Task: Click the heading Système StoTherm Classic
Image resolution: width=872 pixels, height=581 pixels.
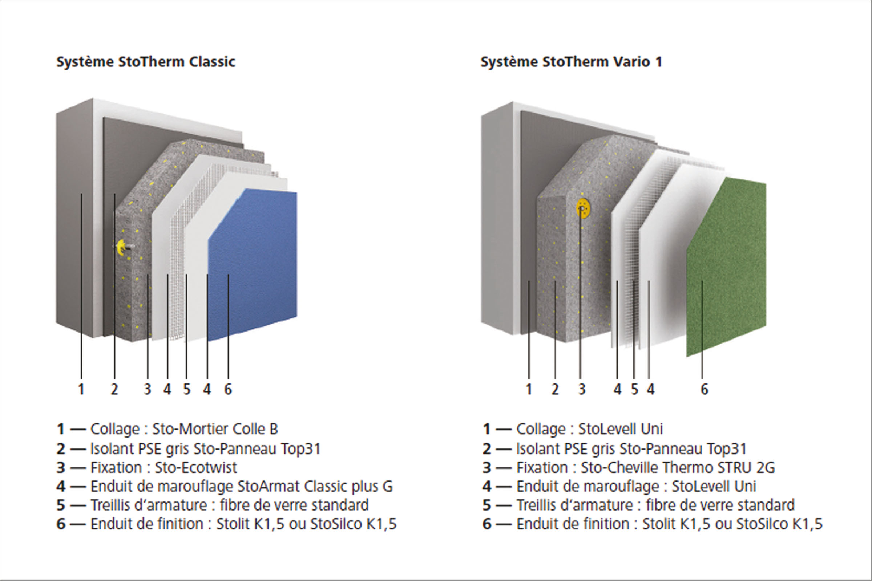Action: (146, 62)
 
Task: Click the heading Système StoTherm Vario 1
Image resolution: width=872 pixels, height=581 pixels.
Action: (571, 62)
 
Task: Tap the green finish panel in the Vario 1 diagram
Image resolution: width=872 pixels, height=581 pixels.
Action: (727, 267)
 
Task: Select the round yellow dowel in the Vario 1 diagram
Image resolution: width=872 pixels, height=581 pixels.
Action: (583, 208)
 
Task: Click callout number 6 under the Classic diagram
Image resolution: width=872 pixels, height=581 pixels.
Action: (228, 389)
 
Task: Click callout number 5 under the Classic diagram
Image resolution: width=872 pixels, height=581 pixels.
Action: (186, 389)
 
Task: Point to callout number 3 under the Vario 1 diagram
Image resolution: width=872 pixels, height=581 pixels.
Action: (582, 389)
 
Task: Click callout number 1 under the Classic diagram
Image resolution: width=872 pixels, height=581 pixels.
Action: (81, 389)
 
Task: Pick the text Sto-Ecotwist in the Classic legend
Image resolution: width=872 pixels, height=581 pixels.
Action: (196, 468)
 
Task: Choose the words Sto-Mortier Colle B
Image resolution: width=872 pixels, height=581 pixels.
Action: (215, 429)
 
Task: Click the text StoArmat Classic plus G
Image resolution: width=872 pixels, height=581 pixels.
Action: (315, 487)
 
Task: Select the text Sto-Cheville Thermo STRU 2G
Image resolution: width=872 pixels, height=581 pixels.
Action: (678, 468)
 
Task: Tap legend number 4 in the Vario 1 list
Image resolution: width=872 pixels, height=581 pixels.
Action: (487, 487)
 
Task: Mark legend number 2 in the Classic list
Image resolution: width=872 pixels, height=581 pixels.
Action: (61, 449)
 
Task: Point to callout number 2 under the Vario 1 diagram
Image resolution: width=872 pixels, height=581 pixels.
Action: (555, 389)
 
